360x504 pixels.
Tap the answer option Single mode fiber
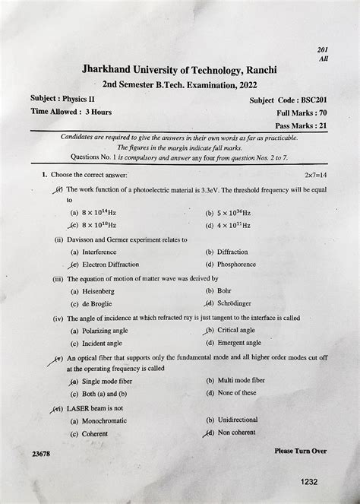pos(111,380)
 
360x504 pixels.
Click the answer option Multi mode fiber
pos(241,380)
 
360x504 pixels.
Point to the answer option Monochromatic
pos(109,420)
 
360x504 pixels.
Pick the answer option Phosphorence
pos(236,265)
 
